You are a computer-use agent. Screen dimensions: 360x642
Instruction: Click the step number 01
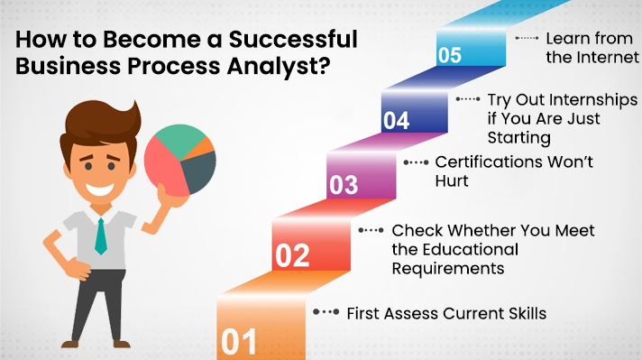pyautogui.click(x=239, y=343)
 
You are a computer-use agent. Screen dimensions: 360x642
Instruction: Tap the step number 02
pyautogui.click(x=292, y=256)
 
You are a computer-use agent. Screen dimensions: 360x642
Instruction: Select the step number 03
pyautogui.click(x=344, y=185)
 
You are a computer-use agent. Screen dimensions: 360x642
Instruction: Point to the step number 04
pyautogui.click(x=396, y=121)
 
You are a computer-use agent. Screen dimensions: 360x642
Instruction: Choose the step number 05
pyautogui.click(x=450, y=56)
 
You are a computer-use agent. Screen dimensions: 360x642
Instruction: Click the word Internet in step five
pyautogui.click(x=603, y=59)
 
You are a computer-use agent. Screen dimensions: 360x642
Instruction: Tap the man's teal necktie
pyautogui.click(x=100, y=235)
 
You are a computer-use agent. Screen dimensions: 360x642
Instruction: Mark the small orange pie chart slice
pyautogui.click(x=207, y=144)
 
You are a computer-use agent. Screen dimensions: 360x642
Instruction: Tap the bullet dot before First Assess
pyautogui.click(x=317, y=312)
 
